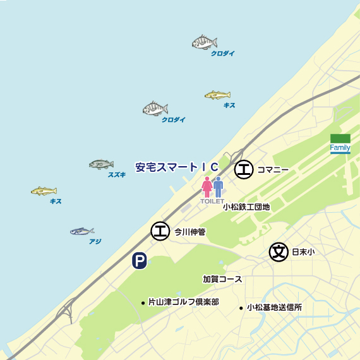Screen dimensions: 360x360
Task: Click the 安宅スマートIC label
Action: click(x=177, y=167)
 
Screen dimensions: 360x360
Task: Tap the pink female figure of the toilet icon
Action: click(x=207, y=187)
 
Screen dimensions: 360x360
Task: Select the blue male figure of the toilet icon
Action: click(x=218, y=187)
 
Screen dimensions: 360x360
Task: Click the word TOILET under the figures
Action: click(x=212, y=201)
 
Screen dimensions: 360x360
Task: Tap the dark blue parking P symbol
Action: click(x=139, y=260)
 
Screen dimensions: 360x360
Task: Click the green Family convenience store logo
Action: click(x=340, y=143)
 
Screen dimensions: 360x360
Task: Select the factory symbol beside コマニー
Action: click(x=244, y=169)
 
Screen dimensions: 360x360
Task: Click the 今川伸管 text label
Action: click(x=189, y=232)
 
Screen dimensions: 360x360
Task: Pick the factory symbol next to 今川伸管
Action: click(x=160, y=232)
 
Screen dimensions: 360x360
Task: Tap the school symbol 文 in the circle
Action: click(x=278, y=251)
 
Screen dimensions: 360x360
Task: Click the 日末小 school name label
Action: click(x=303, y=251)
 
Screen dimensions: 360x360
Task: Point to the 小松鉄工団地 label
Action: click(x=246, y=207)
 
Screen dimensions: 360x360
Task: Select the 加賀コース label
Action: click(x=222, y=279)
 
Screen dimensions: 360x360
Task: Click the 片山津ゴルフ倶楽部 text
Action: click(x=183, y=303)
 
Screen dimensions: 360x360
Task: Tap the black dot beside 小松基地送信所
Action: click(x=241, y=308)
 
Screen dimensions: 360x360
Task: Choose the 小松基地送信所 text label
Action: click(x=274, y=308)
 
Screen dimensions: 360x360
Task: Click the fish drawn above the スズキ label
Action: click(x=101, y=164)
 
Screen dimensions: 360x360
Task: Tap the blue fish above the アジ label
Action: click(x=82, y=231)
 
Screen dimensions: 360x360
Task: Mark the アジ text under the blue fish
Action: click(x=95, y=241)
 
